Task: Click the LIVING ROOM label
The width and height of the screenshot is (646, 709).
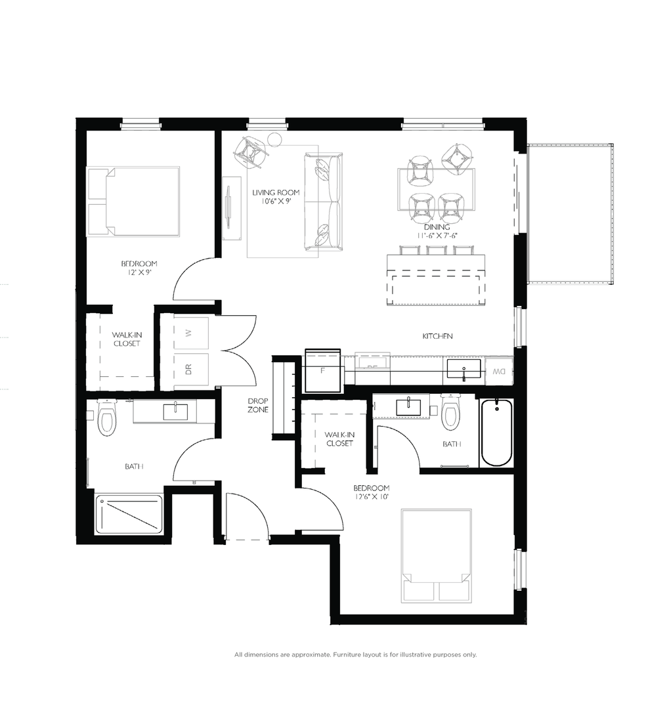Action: click(x=276, y=192)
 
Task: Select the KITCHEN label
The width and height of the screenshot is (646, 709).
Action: click(x=438, y=336)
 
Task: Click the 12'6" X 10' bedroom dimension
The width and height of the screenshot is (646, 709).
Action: click(x=371, y=497)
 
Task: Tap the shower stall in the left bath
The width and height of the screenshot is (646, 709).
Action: click(x=129, y=514)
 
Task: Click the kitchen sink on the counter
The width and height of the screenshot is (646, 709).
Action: click(x=464, y=369)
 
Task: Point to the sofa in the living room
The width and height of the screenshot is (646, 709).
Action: click(x=323, y=202)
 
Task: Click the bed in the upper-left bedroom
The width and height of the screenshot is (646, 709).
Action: click(x=135, y=201)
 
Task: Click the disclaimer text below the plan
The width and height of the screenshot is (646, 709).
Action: click(x=355, y=655)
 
